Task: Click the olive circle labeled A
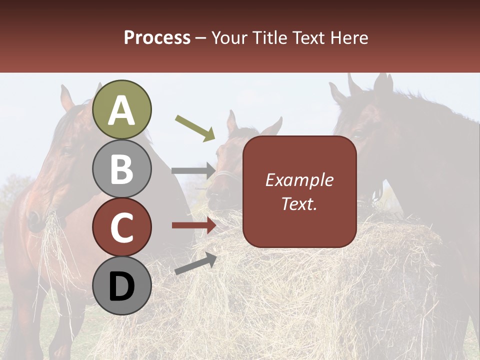122,109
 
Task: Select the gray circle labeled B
122,168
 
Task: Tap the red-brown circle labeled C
122,227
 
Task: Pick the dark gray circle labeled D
122,286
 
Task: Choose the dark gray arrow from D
195,264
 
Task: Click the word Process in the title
157,37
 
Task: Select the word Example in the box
299,180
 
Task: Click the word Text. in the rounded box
299,203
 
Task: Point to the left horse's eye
65,152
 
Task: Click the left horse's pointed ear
66,98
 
